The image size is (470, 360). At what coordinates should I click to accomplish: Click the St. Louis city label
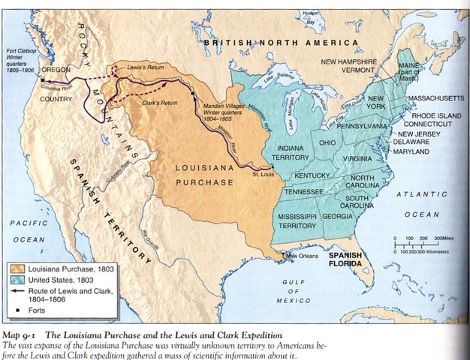pyautogui.click(x=263, y=175)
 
